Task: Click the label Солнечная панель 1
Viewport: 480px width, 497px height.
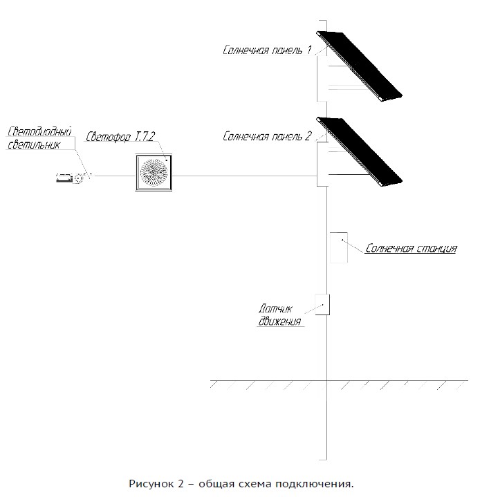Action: coord(267,50)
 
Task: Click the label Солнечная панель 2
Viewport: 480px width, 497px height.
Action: coord(267,136)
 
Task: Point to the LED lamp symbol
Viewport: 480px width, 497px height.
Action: coord(71,178)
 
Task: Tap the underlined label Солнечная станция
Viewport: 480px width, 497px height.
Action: coord(411,249)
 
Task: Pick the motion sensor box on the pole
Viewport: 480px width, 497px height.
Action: coord(322,305)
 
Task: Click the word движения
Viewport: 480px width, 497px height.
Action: coord(281,321)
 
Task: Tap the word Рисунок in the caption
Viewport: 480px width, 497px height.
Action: coord(150,483)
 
